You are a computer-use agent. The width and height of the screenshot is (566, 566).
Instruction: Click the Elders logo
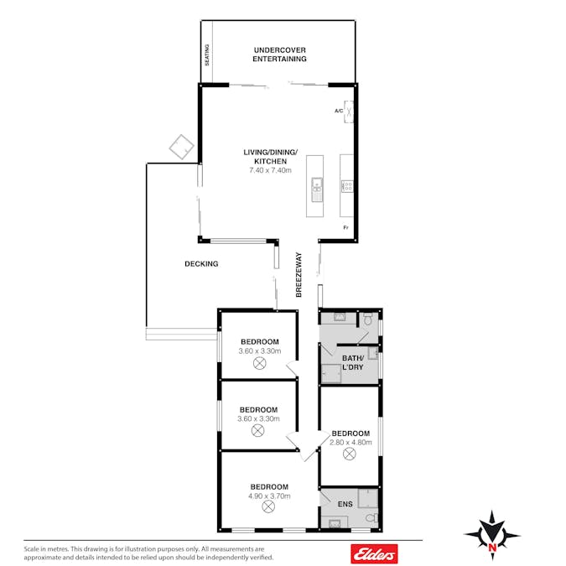[374, 553]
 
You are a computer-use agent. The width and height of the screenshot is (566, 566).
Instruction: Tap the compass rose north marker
[491, 547]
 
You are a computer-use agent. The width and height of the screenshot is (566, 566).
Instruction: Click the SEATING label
[207, 55]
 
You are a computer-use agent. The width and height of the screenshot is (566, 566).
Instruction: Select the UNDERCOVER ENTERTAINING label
[279, 55]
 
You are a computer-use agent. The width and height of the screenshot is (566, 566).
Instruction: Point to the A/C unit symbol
[348, 112]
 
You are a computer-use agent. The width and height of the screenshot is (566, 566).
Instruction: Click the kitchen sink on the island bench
[317, 190]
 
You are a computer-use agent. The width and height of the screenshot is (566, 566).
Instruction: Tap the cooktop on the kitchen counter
[347, 186]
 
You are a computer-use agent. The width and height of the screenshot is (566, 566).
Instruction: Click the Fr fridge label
[345, 227]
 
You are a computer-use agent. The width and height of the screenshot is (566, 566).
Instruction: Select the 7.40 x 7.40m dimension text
[270, 170]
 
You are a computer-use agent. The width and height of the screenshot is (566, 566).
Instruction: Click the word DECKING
[201, 264]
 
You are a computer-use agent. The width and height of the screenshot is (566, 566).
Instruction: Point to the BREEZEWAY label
[299, 275]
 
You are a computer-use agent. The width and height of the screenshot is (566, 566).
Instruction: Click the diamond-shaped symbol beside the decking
[182, 147]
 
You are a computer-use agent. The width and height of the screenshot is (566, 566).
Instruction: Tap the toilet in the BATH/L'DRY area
[367, 319]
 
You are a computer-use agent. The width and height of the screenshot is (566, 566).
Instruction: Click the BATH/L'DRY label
[353, 362]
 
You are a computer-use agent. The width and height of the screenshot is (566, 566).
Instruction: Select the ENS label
[345, 504]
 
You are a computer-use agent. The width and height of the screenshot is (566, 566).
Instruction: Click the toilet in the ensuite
[371, 518]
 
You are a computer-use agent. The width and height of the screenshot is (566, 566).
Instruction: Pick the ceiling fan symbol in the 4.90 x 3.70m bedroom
[267, 506]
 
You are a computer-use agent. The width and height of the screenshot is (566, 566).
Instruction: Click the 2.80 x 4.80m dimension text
[351, 442]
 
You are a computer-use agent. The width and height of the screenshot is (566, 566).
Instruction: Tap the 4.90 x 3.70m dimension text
[269, 496]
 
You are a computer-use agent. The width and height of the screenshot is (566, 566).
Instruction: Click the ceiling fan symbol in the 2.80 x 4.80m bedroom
[349, 454]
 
